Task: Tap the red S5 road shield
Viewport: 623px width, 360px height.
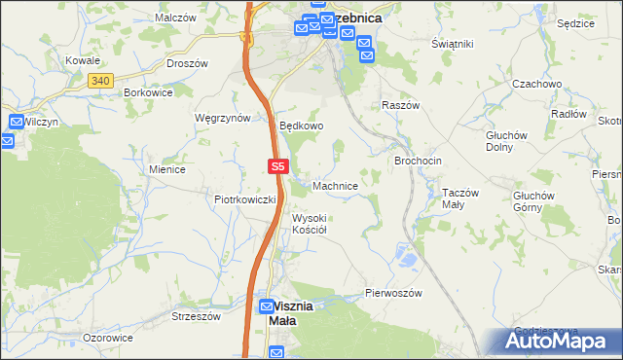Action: (277, 167)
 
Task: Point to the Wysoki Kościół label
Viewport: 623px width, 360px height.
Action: (310, 224)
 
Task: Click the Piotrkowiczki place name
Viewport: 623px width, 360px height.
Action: (245, 199)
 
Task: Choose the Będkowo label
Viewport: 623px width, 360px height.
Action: (301, 126)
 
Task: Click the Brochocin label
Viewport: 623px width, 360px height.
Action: (418, 160)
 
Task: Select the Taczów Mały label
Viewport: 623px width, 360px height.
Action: (460, 198)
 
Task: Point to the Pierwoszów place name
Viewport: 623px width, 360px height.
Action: (392, 292)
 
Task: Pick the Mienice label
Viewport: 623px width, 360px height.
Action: (167, 168)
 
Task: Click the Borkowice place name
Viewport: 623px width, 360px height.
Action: (148, 92)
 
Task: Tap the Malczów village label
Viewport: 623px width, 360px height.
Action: (177, 18)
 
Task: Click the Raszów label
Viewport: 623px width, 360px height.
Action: (400, 104)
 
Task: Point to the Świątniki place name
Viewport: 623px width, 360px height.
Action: (452, 44)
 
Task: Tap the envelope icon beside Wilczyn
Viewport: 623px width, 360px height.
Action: (16, 122)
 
